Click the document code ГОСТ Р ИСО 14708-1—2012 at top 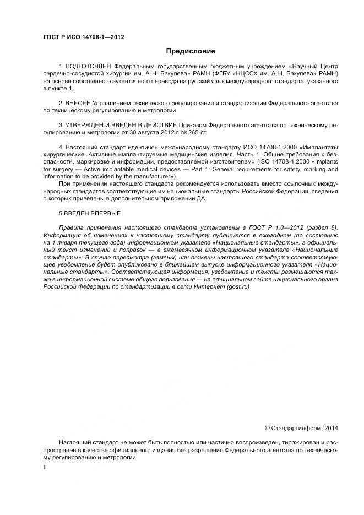83,37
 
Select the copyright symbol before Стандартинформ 268,427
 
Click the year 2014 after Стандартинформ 331,427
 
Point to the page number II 45,467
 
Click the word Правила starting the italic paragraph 72,227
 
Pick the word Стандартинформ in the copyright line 296,427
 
